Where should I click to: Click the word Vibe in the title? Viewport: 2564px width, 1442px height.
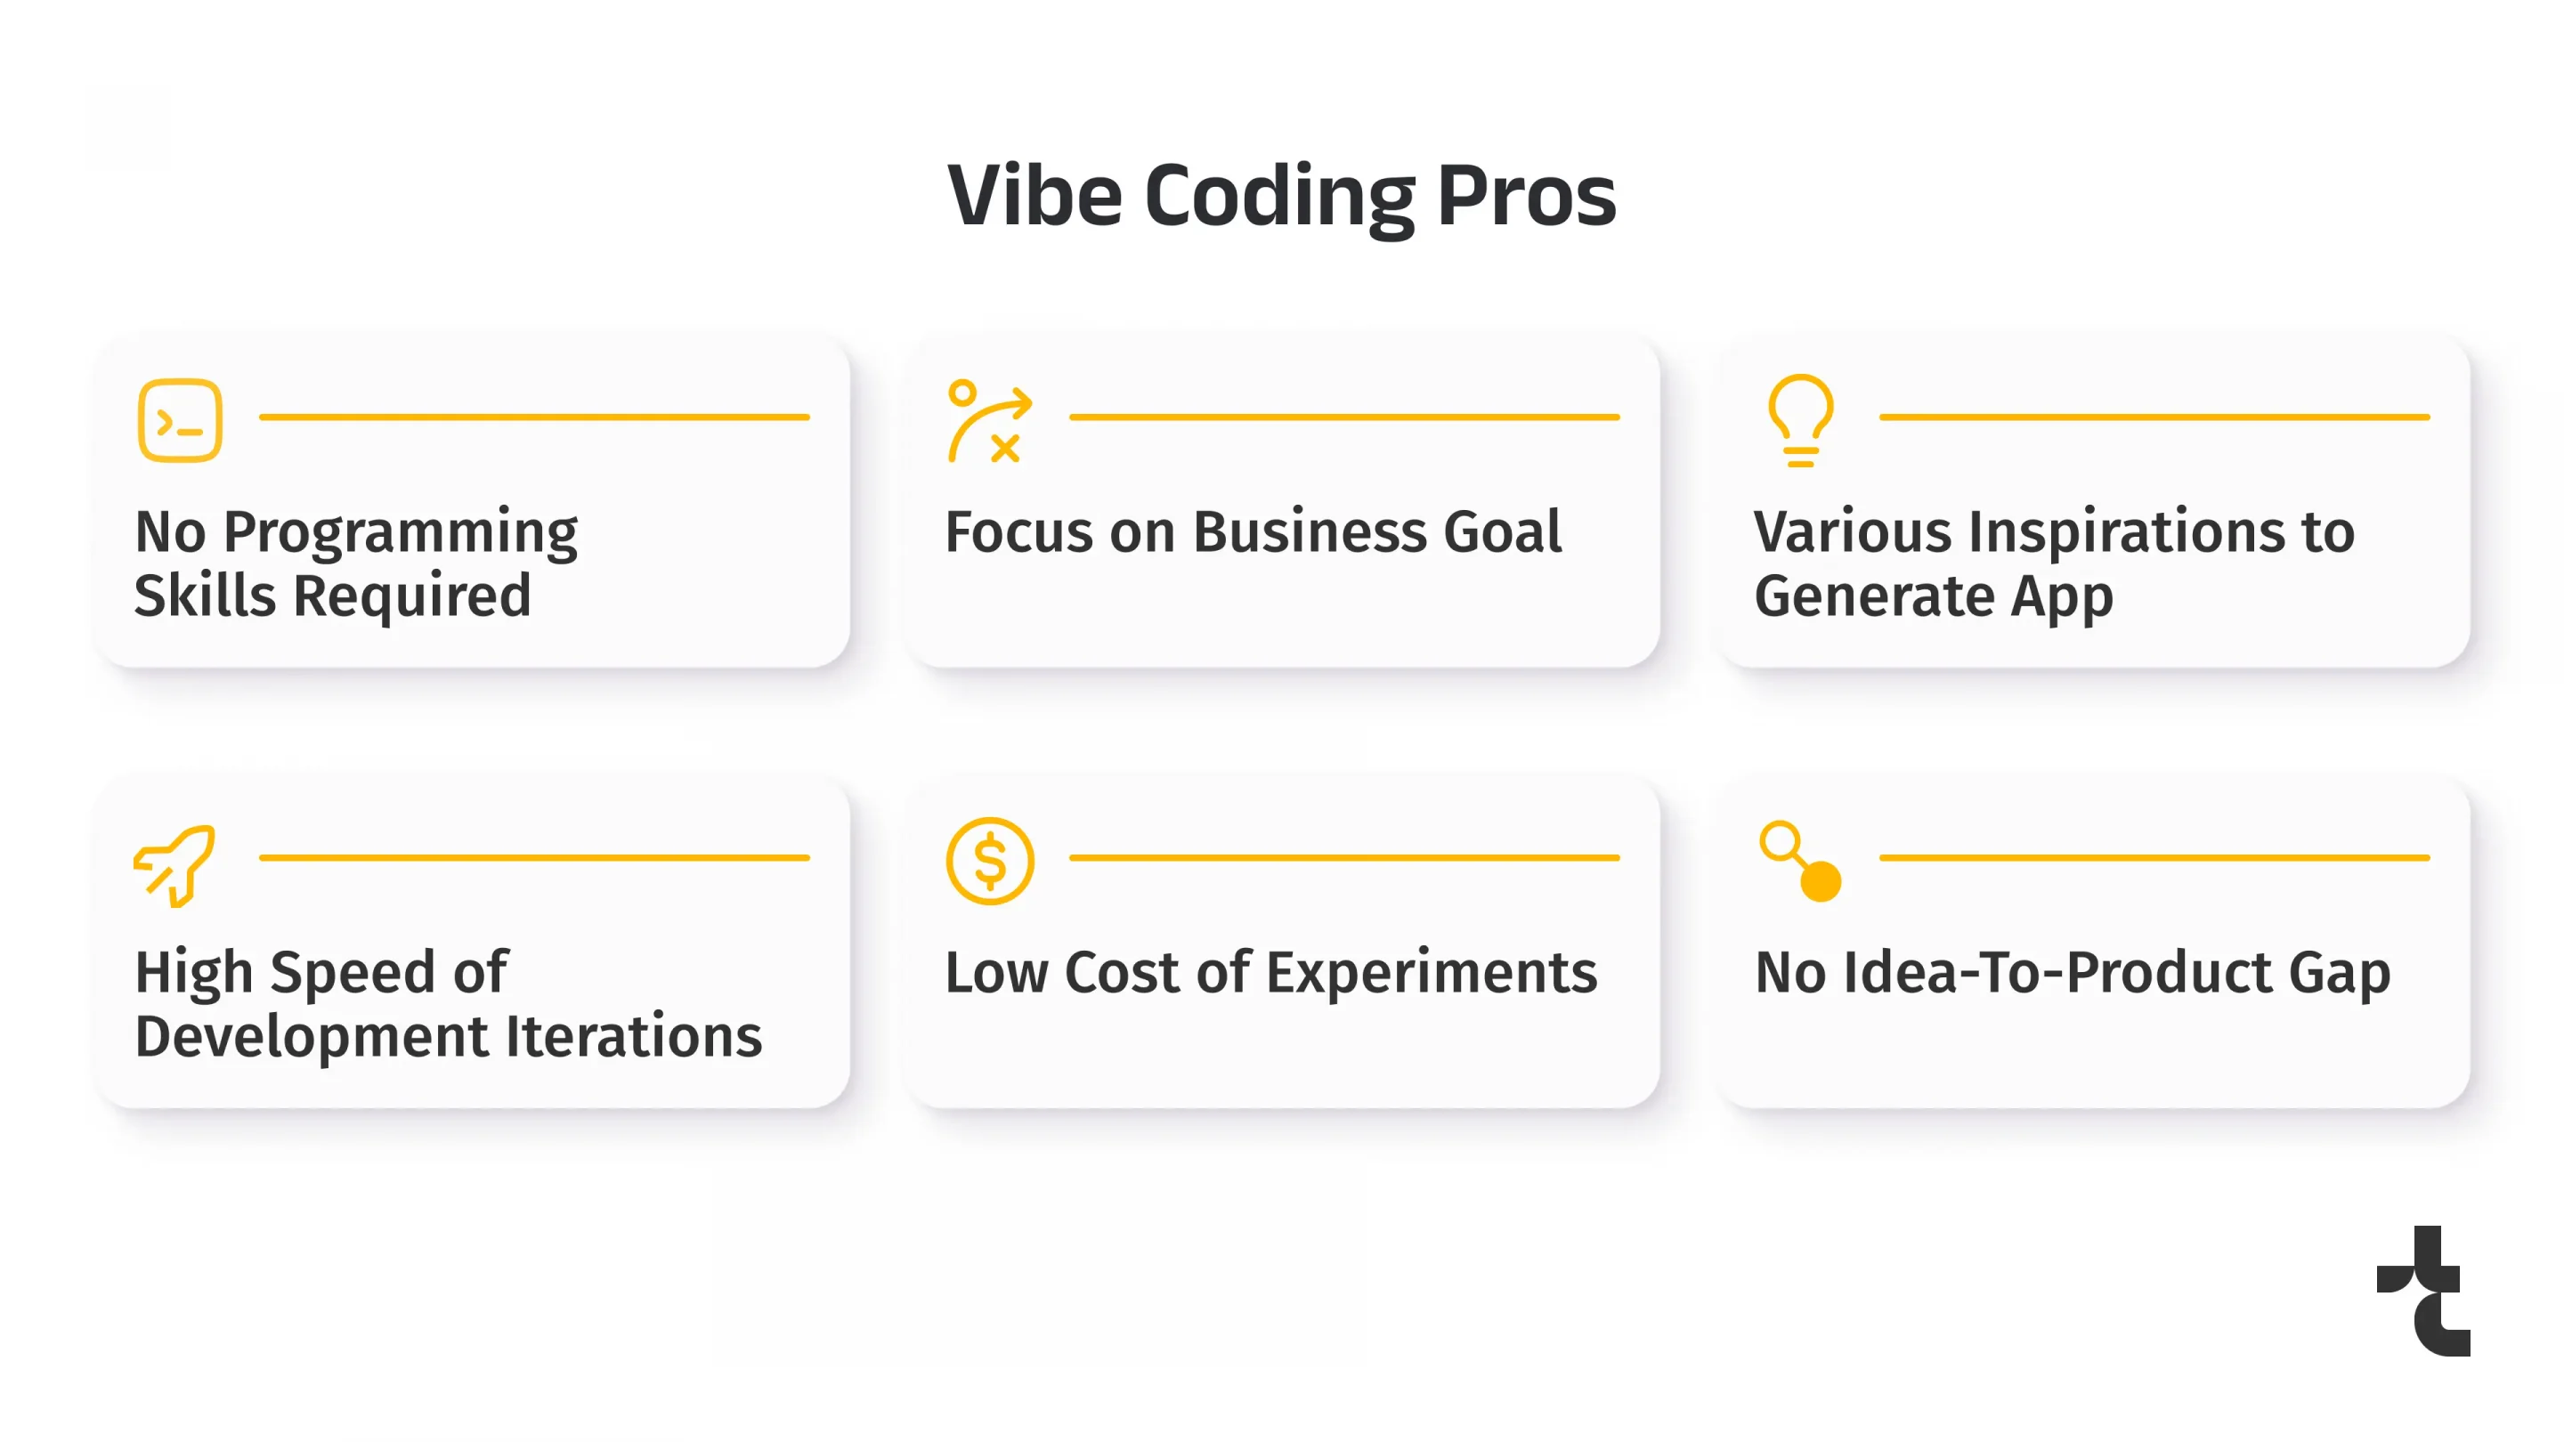click(1035, 195)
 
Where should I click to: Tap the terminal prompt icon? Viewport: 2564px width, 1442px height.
click(180, 420)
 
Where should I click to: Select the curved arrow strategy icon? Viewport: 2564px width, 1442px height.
click(989, 421)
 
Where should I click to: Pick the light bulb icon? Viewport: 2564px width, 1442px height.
click(1799, 420)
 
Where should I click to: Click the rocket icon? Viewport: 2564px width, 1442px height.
click(175, 863)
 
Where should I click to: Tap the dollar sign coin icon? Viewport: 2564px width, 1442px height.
click(989, 861)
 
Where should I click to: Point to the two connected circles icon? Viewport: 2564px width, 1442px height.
click(1800, 861)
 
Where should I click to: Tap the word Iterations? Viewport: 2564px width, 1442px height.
click(634, 1036)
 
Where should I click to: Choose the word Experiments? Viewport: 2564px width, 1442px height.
click(1432, 972)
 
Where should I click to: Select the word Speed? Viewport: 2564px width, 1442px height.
click(353, 972)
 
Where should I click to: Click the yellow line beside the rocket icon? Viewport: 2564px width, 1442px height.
click(534, 857)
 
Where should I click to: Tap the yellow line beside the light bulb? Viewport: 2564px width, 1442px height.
click(2154, 417)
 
